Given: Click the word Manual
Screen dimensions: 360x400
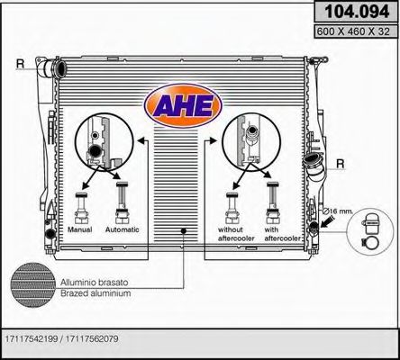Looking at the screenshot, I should coord(81,229).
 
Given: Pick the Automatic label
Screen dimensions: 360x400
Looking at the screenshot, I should coord(123,229).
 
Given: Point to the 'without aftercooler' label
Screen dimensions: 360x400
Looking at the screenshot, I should coord(232,234).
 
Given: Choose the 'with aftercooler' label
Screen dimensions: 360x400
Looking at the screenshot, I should coord(276,234).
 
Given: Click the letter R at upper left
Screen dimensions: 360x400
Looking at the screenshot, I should coord(20,63).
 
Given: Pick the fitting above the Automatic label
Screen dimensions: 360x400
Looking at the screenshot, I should coord(121,205).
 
